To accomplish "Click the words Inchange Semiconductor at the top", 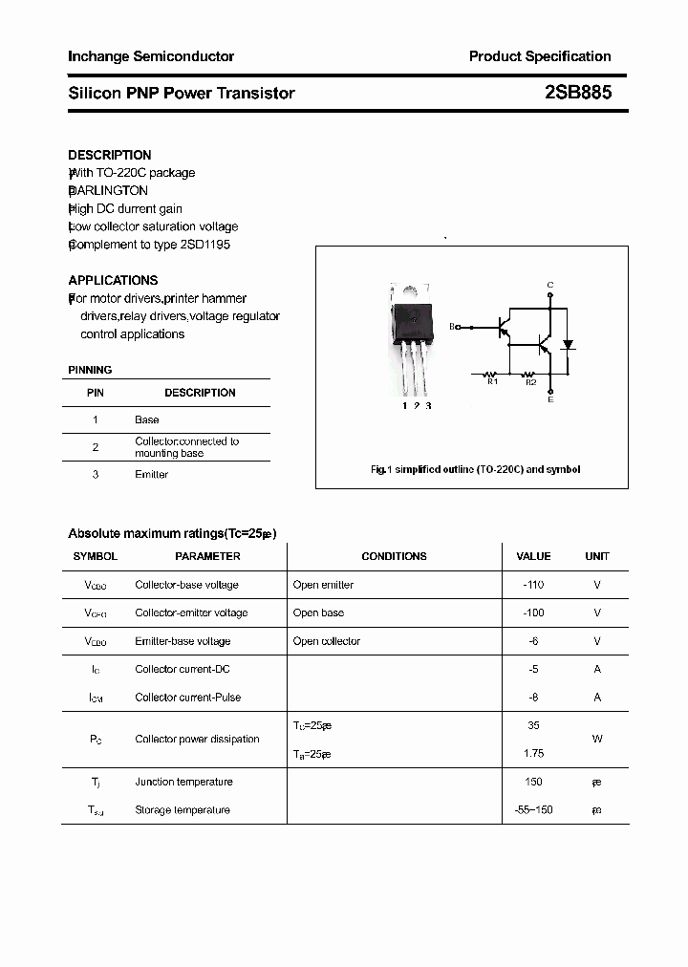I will pos(151,56).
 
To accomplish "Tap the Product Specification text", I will pos(540,56).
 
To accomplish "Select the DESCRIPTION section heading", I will pos(110,155).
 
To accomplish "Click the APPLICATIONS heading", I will pos(113,281).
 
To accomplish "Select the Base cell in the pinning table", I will pos(147,419).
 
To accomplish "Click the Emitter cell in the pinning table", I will pos(152,475).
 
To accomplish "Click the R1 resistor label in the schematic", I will pos(492,382).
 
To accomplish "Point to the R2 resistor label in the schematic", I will pos(531,382).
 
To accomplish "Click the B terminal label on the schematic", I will pos(452,327).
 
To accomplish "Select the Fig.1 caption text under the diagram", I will pos(475,469).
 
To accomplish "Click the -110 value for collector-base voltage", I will pos(533,585).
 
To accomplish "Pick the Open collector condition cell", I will pos(327,641).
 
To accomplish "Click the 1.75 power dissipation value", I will pos(533,754).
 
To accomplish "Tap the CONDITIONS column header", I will pos(394,556).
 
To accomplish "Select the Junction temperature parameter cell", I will pos(183,782).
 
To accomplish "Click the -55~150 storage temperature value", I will pos(533,810).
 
